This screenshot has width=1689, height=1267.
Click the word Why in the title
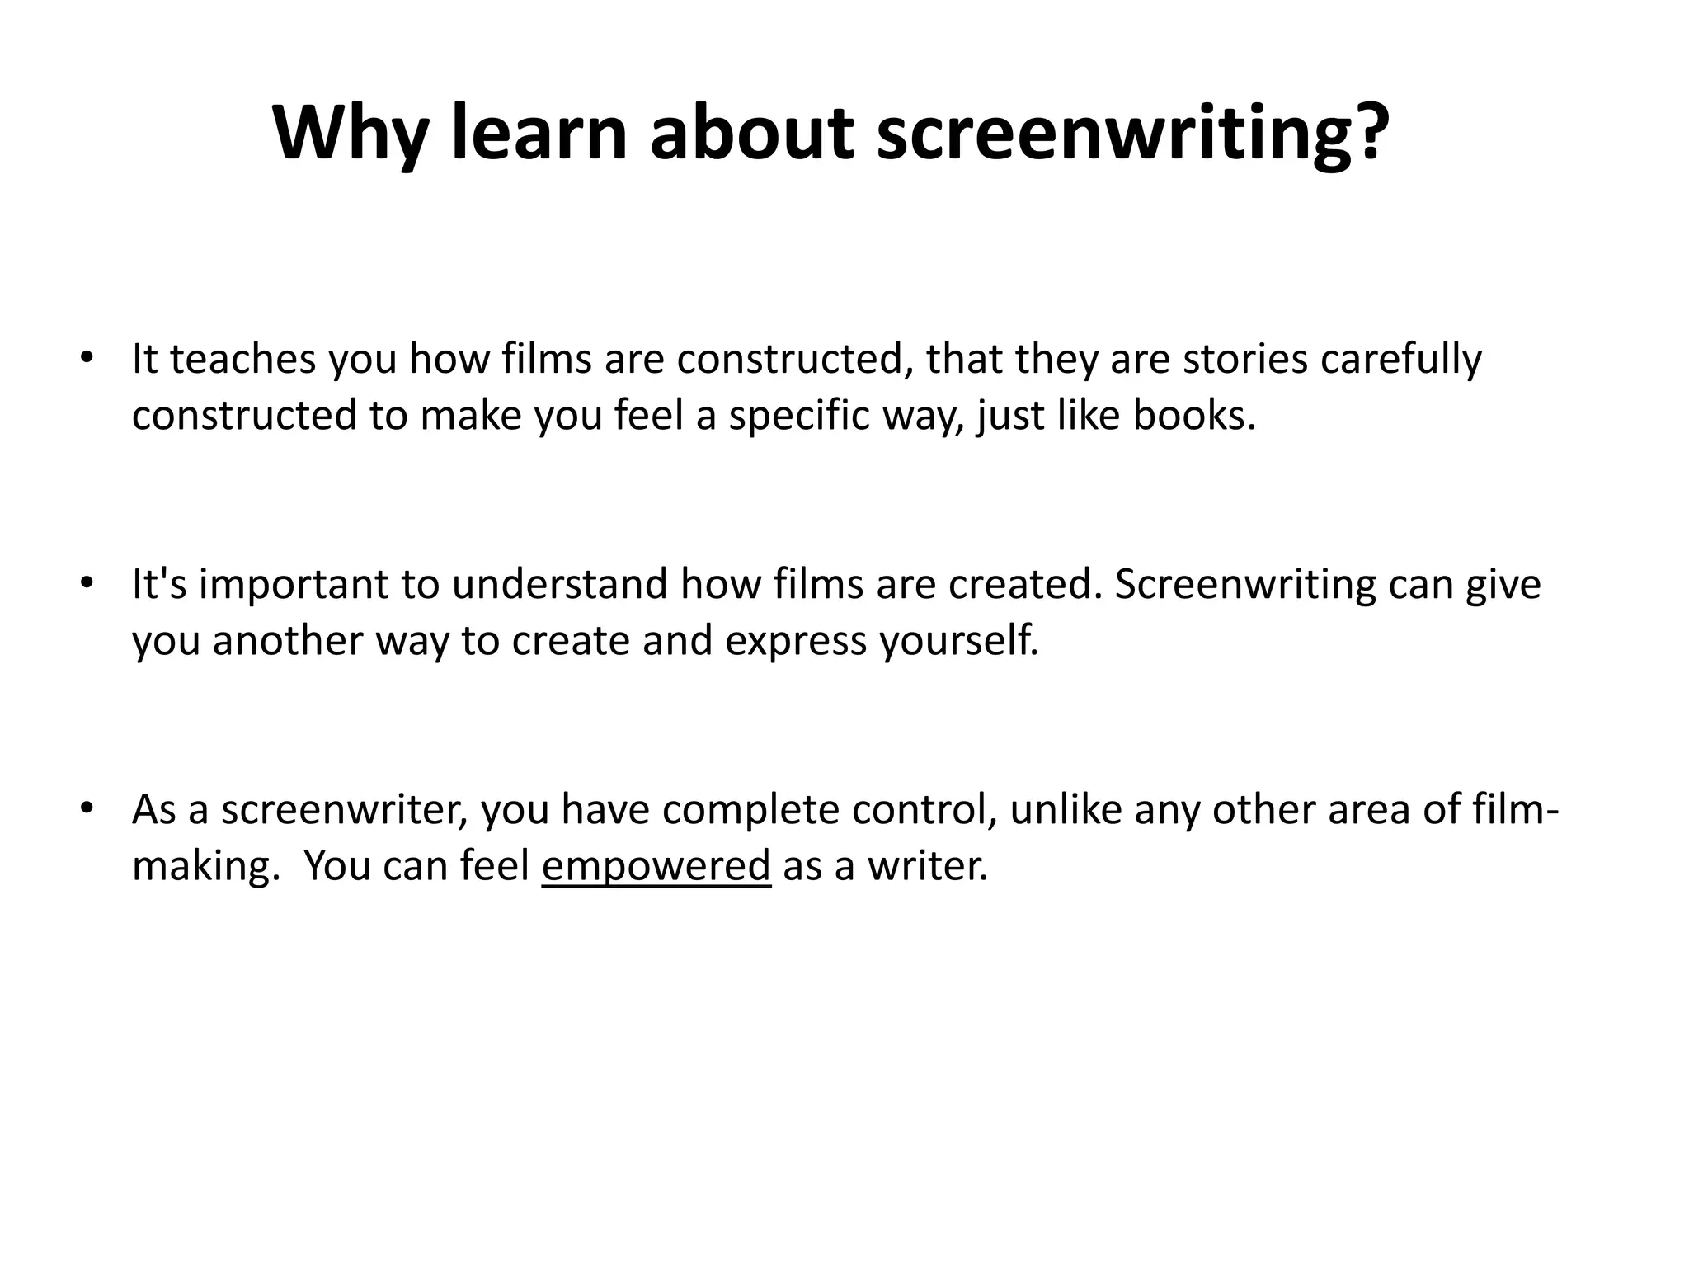(350, 134)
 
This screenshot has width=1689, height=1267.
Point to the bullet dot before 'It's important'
(85, 583)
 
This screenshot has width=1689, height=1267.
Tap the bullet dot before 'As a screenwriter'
(85, 808)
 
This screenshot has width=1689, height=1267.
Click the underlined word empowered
(656, 866)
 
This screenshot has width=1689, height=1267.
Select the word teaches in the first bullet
(242, 360)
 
